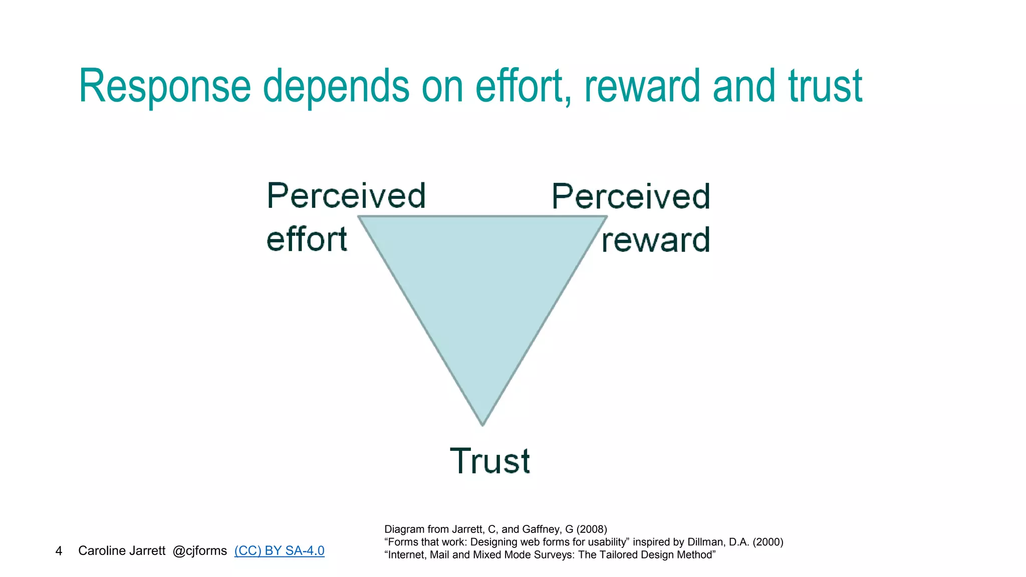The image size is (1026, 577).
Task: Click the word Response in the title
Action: pos(164,86)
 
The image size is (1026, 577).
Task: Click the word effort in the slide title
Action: pos(523,86)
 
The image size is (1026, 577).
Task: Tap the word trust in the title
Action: pos(825,86)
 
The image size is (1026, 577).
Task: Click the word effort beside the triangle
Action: pos(307,239)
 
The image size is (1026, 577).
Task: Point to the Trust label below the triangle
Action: pos(489,461)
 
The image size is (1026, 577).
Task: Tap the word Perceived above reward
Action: pos(631,196)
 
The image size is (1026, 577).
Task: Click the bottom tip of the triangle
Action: pos(482,425)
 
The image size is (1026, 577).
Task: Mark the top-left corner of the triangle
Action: pos(359,217)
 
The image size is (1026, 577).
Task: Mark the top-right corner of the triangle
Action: pos(607,217)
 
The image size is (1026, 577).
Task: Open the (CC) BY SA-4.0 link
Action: pos(279,550)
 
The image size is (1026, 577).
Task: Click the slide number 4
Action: pos(59,551)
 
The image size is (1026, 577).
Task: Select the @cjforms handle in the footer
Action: pos(199,550)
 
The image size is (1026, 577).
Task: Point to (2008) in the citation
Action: pos(592,529)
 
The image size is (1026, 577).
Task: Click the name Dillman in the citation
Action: pos(705,542)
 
